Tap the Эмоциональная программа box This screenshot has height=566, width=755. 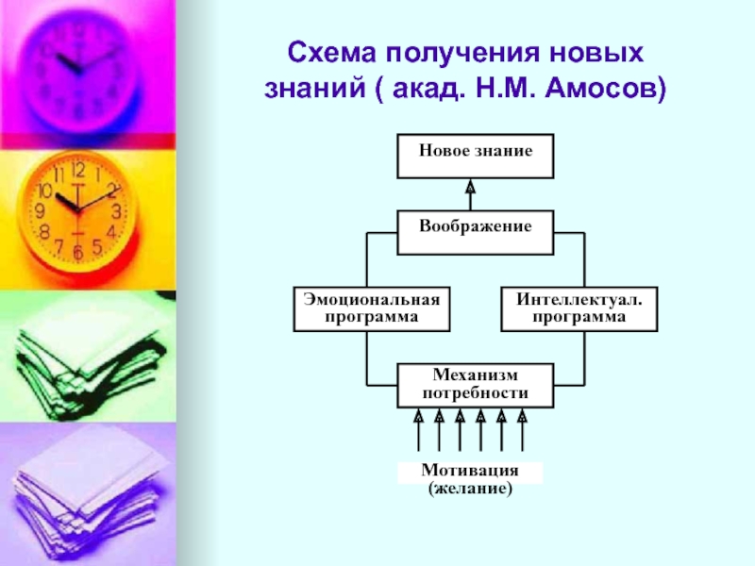pos(371,308)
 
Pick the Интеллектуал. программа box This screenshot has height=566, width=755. pos(579,308)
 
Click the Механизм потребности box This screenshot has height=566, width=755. pos(475,385)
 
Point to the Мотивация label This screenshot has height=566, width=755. pos(470,472)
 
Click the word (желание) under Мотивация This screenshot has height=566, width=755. pos(470,490)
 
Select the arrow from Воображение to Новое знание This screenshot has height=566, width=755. pos(470,194)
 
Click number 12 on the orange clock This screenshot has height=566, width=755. pos(77,172)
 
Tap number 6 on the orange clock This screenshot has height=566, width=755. pos(77,252)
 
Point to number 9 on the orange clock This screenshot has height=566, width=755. pos(40,211)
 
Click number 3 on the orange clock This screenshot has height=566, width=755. pos(116,211)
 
